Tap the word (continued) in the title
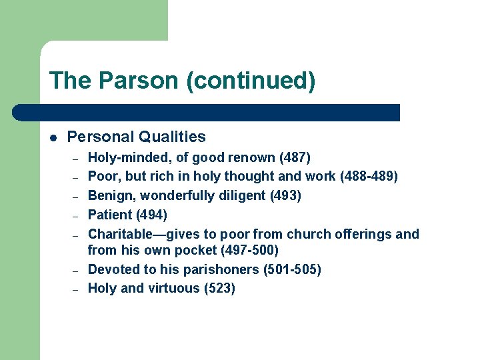tap(251, 81)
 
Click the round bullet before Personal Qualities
tap(53, 138)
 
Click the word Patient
tap(110, 215)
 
